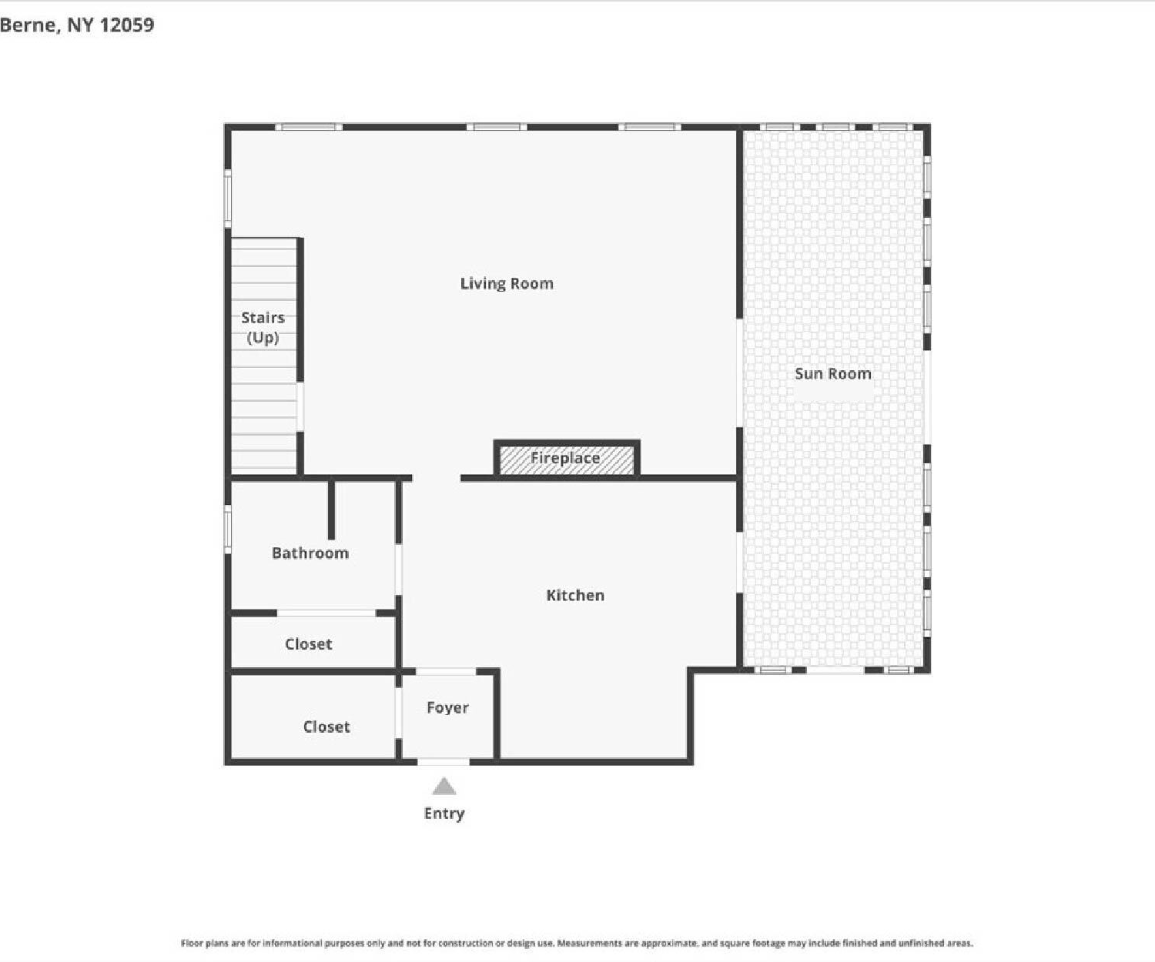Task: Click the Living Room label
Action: pyautogui.click(x=507, y=284)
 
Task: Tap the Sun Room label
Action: pyautogui.click(x=833, y=374)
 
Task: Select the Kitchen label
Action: pyautogui.click(x=575, y=596)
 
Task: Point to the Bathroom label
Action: pyautogui.click(x=310, y=553)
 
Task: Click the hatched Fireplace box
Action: pyautogui.click(x=567, y=459)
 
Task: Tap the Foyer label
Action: pyautogui.click(x=447, y=708)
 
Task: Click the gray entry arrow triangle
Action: pyautogui.click(x=444, y=787)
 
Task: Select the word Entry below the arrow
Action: pyautogui.click(x=444, y=813)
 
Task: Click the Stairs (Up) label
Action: pyautogui.click(x=263, y=327)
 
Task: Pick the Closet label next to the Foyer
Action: pyautogui.click(x=326, y=727)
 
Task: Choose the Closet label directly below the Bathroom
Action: pyautogui.click(x=309, y=644)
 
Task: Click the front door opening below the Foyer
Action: pyautogui.click(x=443, y=762)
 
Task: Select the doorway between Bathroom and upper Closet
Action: pyautogui.click(x=326, y=613)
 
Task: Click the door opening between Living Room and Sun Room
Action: pyautogui.click(x=739, y=373)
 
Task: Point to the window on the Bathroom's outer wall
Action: pyautogui.click(x=227, y=529)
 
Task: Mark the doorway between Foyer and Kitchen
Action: pyautogui.click(x=446, y=672)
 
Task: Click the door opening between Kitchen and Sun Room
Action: pyautogui.click(x=739, y=563)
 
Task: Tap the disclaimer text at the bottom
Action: pyautogui.click(x=577, y=944)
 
